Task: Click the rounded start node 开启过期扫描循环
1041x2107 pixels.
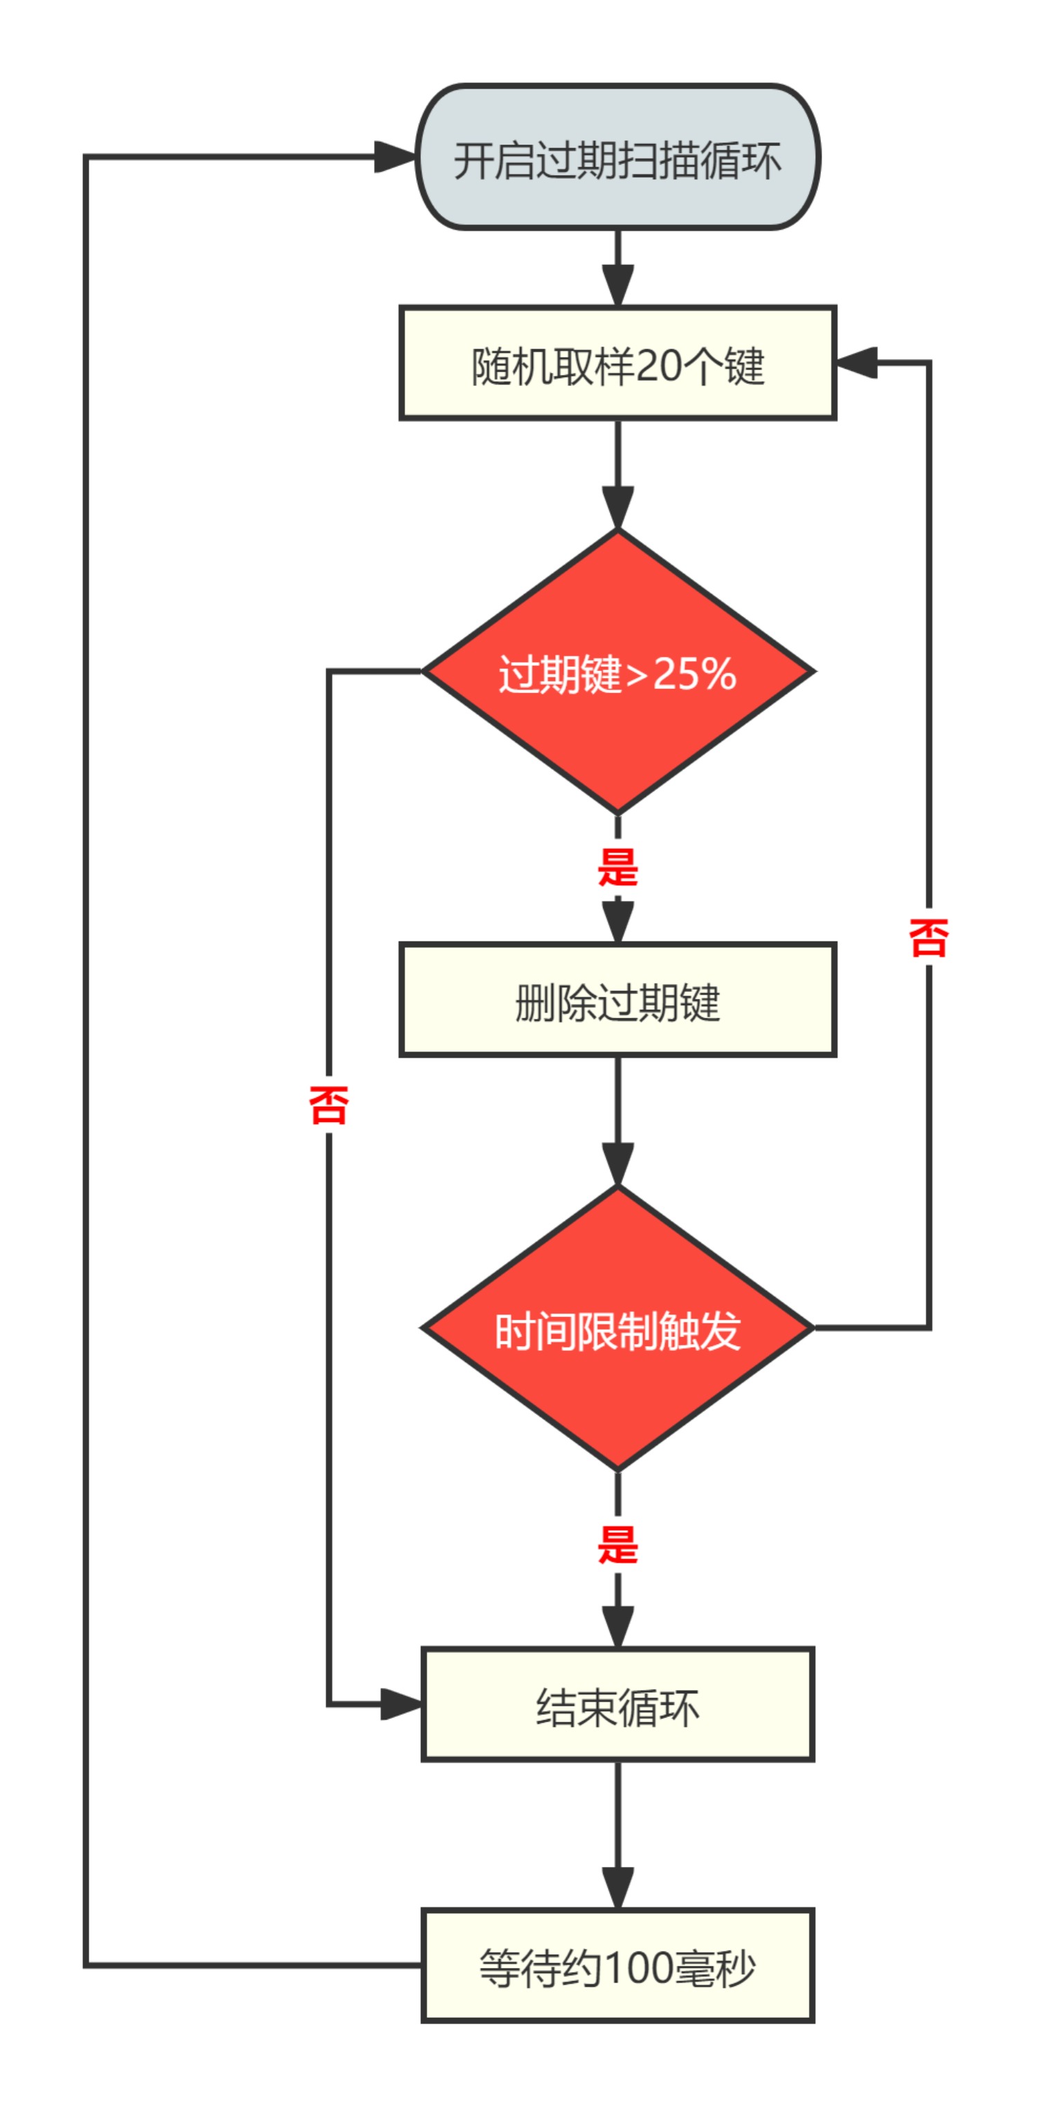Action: coord(617,157)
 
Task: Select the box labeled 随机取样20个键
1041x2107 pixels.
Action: coord(617,363)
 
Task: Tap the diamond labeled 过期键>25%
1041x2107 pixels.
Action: coord(617,672)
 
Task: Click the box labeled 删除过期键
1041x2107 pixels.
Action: coord(617,1000)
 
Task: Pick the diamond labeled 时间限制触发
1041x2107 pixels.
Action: coord(617,1328)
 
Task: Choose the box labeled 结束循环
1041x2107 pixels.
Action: coord(617,1704)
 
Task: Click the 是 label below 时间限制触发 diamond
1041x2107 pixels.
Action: coord(617,1544)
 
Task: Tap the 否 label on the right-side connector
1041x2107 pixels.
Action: coord(928,937)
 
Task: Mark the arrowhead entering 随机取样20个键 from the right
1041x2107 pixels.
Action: coord(856,363)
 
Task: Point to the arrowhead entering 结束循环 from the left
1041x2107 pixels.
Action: coord(401,1704)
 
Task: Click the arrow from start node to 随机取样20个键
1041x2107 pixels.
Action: coord(617,268)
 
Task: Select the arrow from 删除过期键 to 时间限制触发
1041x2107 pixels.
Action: coord(617,1121)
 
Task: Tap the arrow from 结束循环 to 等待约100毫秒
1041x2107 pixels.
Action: coord(617,1834)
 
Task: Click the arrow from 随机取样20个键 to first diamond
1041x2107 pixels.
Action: coord(617,475)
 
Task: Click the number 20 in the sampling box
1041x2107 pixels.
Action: coord(658,365)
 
